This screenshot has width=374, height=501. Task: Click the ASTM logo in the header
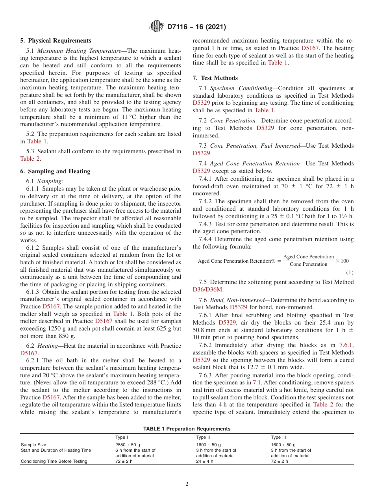pos(156,27)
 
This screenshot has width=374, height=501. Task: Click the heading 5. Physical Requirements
pos(56,41)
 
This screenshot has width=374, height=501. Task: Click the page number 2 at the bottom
pos(187,484)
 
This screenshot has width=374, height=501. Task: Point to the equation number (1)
pos(350,273)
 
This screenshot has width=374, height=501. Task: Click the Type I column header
pos(121,437)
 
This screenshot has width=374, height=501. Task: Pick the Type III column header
pos(278,437)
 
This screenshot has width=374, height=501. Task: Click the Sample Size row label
pos(33,445)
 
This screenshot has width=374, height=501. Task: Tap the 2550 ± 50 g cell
pos(128,445)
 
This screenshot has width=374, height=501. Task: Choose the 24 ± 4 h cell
pos(205,461)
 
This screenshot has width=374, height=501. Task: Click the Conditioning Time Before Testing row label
pos(54,461)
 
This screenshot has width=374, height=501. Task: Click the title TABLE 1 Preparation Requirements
pos(187,429)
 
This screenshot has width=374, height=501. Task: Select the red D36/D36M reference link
pos(207,289)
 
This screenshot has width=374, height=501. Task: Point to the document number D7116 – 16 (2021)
pos(196,27)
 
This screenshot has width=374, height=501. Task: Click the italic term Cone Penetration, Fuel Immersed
pos(255,146)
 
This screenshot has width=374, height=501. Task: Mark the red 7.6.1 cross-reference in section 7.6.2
pos(346,345)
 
